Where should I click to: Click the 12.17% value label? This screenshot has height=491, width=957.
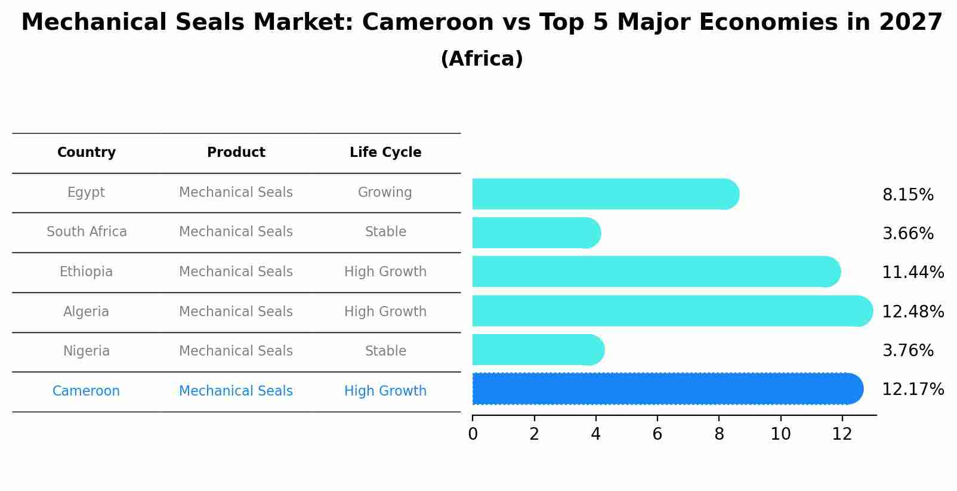coord(912,390)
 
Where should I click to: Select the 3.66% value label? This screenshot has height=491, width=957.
coord(907,234)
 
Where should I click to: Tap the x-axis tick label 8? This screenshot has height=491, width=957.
coord(719,434)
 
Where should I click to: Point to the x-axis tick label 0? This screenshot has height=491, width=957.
coord(473,434)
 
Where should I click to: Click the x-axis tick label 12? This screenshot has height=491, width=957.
coord(842,434)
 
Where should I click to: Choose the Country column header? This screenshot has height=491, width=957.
coord(87,153)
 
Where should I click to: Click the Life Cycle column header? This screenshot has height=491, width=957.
coord(385,153)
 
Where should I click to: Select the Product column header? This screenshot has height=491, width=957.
coord(236,153)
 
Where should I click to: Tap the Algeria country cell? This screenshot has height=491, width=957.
coord(87,311)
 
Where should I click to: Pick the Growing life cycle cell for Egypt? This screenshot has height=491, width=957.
coord(385,193)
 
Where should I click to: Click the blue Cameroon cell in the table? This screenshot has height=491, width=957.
coord(87,391)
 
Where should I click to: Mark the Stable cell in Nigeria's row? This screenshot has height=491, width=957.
coord(385,351)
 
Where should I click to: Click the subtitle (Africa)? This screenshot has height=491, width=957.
coord(481,59)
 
